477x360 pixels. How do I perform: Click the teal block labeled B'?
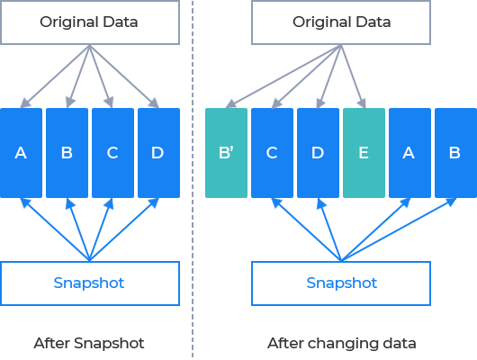[226, 153]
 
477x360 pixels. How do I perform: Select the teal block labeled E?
[364, 153]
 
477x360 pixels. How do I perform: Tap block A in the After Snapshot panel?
[21, 153]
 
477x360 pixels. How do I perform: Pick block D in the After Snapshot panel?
[158, 153]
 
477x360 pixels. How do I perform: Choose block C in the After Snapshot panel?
[112, 153]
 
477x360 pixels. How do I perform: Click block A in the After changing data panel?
[409, 153]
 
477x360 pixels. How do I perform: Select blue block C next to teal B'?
[273, 153]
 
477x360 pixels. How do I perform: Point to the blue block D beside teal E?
[318, 153]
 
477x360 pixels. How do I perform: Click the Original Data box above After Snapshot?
[90, 22]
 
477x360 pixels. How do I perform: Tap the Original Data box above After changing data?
[341, 22]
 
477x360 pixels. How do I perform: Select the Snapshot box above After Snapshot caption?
[90, 283]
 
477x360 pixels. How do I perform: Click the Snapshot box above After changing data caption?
[341, 283]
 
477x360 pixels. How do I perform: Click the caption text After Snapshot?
[89, 343]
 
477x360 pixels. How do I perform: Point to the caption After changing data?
[342, 344]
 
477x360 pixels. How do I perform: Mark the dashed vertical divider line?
[193, 179]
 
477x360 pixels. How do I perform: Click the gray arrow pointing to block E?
[353, 76]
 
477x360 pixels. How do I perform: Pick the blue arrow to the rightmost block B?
[399, 229]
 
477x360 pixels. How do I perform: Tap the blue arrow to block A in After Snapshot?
[55, 229]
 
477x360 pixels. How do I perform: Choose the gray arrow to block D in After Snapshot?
[124, 76]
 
